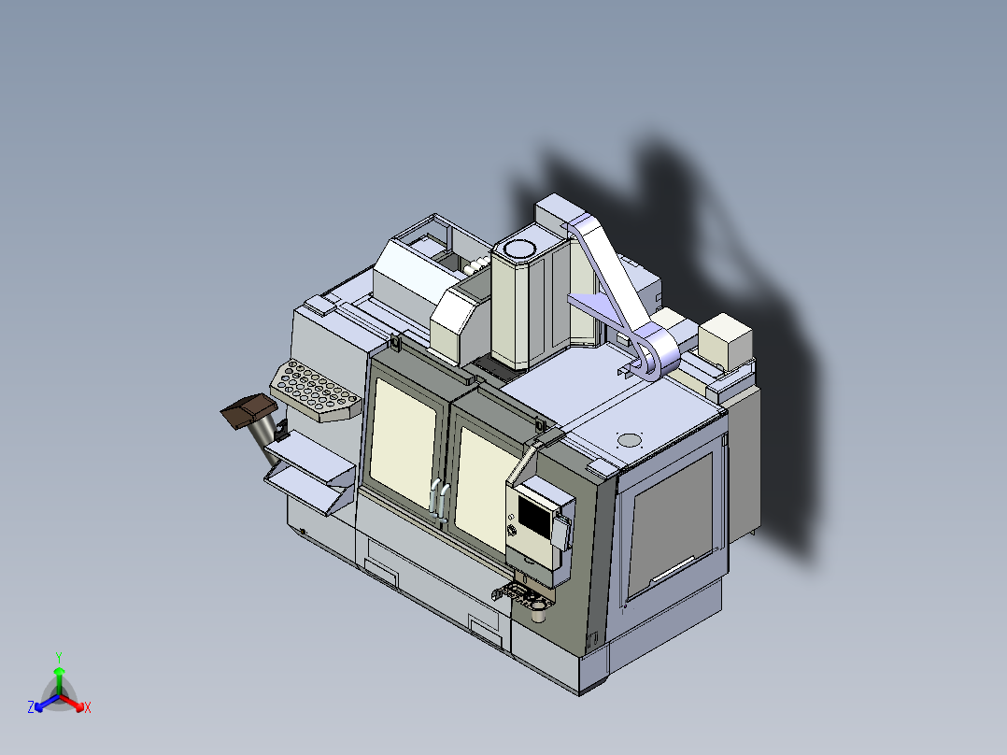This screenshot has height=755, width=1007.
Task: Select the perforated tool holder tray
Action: (x=315, y=392)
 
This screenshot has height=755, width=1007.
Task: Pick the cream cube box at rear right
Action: (x=726, y=339)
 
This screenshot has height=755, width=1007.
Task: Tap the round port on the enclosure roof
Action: (x=631, y=439)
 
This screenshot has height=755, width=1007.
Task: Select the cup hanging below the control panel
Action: (x=539, y=613)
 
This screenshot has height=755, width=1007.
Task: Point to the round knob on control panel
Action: (x=512, y=531)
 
